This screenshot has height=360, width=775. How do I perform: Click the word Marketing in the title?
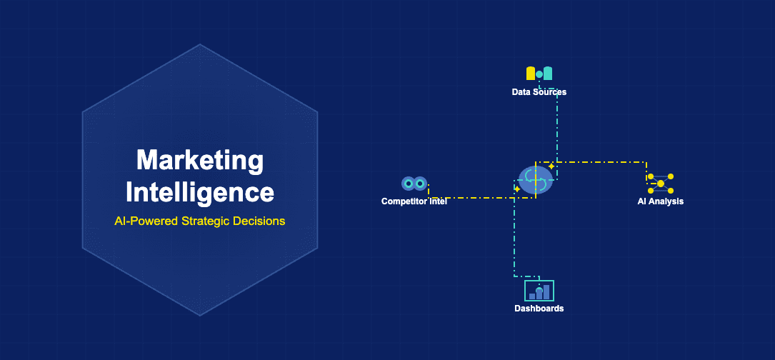(199, 161)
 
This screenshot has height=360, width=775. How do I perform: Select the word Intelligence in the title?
(199, 192)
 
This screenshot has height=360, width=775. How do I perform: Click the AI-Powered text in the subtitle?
(146, 221)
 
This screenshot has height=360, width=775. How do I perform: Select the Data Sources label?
(539, 92)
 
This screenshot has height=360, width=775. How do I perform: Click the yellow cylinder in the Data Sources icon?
(531, 74)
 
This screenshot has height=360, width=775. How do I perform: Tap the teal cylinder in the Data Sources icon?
(548, 74)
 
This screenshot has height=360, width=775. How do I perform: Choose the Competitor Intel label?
(414, 201)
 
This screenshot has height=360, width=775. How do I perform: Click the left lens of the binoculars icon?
(408, 184)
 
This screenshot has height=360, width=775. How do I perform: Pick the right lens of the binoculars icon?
(420, 184)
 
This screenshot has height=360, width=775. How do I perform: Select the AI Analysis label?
(660, 201)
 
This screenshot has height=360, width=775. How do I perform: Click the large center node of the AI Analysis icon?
(661, 184)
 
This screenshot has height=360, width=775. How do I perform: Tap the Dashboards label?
(539, 309)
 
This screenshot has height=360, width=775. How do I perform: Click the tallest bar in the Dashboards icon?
(546, 291)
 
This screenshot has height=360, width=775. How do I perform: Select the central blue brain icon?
(536, 180)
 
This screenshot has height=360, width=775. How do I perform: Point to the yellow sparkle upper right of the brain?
(551, 166)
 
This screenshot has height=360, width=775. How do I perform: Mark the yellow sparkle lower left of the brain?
(517, 189)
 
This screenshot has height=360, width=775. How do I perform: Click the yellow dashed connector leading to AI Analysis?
(600, 162)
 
